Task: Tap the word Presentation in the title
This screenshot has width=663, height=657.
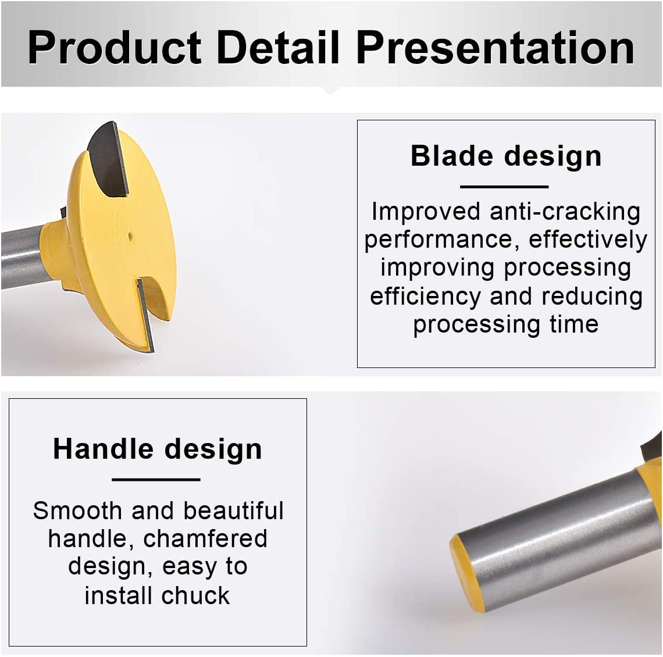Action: coord(495,47)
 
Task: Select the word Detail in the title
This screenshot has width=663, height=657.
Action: coord(279,47)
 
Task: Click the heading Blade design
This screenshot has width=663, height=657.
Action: coord(506,156)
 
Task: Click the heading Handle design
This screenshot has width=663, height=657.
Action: coord(158,449)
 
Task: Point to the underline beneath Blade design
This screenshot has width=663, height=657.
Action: coord(504,187)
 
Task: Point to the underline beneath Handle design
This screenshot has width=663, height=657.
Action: coord(156,480)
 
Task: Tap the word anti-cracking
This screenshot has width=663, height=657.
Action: coord(565,212)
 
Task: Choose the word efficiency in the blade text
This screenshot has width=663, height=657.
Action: coord(426,297)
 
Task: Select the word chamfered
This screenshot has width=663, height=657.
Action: coord(205,538)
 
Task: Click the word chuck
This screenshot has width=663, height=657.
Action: coord(195,596)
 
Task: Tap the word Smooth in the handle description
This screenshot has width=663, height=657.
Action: coord(77,510)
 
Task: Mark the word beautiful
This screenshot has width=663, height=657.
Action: coord(233,510)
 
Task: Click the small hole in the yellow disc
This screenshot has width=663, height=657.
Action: coord(131,236)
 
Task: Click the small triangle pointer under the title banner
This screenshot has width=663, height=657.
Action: coord(331,90)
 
